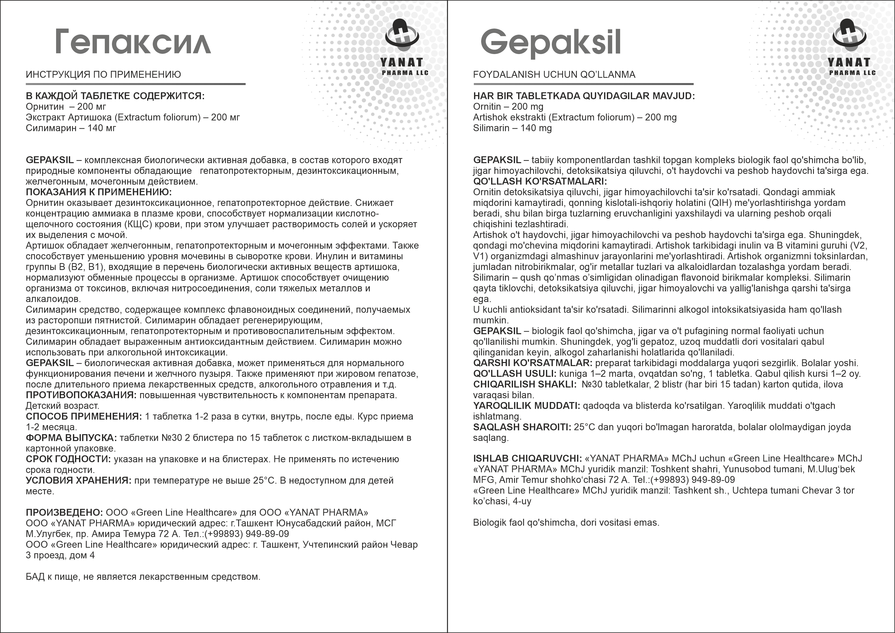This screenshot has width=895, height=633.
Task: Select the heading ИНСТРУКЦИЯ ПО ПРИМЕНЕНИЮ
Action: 103,74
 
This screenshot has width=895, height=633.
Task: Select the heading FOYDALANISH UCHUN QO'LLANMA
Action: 554,74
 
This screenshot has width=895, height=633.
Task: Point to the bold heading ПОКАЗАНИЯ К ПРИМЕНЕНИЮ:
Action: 99,192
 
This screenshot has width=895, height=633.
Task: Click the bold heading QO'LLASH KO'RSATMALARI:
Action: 540,182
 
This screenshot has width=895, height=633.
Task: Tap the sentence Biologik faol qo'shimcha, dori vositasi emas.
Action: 566,523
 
